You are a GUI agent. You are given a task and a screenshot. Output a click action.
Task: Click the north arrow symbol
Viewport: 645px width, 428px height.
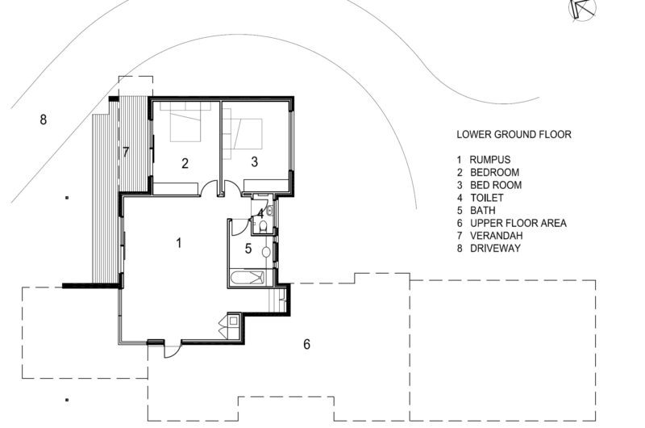(x=583, y=9)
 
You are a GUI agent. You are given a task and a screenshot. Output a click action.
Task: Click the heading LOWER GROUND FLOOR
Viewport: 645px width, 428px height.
(x=514, y=134)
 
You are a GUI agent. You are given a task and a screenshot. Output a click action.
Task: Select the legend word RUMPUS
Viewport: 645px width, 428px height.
(x=490, y=159)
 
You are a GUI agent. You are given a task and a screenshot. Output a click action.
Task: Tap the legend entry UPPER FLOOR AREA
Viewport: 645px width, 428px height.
(x=518, y=223)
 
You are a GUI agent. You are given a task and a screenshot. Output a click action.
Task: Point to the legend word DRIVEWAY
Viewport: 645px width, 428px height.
(x=495, y=249)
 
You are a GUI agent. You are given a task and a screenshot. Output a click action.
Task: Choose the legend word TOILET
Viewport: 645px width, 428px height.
(x=487, y=198)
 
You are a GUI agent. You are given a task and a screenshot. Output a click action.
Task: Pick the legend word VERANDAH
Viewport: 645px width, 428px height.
(x=497, y=236)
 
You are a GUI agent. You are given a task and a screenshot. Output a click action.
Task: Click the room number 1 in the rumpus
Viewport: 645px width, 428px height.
(x=178, y=243)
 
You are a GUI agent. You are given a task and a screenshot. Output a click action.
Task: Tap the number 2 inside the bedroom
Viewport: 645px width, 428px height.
(x=185, y=164)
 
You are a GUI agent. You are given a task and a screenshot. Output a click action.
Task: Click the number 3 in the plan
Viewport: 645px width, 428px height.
(x=255, y=162)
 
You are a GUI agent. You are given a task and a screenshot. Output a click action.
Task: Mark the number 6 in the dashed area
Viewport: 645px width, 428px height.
(x=307, y=344)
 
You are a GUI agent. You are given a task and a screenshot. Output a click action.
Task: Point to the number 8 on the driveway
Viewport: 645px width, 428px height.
(x=44, y=120)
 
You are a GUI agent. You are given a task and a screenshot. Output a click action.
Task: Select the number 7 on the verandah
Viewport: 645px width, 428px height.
(x=126, y=152)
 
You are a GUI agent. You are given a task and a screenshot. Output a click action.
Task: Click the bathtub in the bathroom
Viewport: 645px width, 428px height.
(x=247, y=277)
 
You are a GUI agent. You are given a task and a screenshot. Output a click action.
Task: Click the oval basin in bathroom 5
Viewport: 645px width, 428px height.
(x=266, y=252)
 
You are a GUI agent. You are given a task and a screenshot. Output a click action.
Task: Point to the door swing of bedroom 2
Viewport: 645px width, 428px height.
(x=210, y=187)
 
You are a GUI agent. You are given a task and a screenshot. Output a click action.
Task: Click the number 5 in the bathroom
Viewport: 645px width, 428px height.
(x=248, y=249)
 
